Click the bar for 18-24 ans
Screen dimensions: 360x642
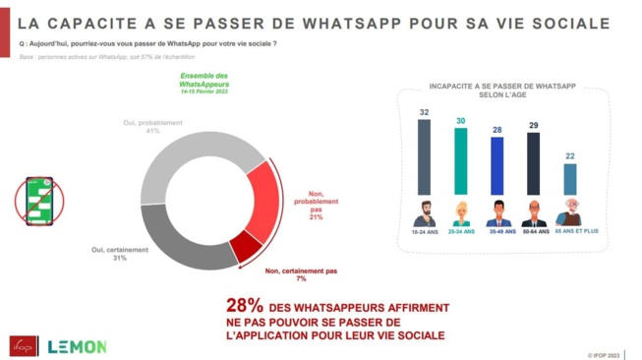click(x=424, y=156)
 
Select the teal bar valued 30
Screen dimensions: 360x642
click(x=460, y=160)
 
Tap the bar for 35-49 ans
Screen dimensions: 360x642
click(x=496, y=165)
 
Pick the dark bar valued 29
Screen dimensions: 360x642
click(x=533, y=163)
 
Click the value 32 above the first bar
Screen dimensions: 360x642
click(x=424, y=112)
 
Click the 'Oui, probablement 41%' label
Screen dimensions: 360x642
click(x=151, y=127)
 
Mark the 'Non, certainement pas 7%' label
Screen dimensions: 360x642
click(x=301, y=273)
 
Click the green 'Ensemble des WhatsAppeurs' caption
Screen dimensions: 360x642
click(x=204, y=82)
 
